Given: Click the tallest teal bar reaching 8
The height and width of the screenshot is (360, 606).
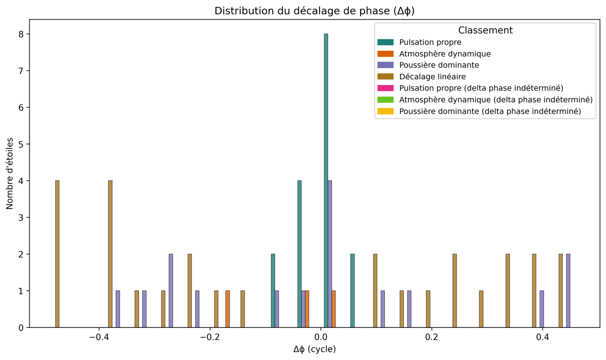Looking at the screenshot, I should coord(326,180).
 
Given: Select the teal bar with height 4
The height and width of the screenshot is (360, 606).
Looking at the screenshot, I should coord(299,254).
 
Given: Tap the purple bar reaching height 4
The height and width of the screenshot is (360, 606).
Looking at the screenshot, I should coord(330,254).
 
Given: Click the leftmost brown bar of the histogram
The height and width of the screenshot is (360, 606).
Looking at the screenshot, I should coord(57,254).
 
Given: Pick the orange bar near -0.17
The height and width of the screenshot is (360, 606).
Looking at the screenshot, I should coord(228,309).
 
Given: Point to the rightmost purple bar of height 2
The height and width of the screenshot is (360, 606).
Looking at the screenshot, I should coord(568,291).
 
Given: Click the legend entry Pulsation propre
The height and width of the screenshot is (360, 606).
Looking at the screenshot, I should coord(430,42).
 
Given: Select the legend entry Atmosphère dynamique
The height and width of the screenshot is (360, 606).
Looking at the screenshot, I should coord(445,54).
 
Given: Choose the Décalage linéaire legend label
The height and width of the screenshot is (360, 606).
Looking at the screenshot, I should coord(432,76).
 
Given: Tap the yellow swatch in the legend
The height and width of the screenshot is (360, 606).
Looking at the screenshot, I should coord(386,111).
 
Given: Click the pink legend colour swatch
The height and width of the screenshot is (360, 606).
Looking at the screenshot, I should coord(386,88).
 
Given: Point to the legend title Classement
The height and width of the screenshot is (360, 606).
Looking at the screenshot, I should coord(485,30).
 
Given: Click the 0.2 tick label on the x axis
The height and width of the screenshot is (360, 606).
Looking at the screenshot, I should coord(432,337).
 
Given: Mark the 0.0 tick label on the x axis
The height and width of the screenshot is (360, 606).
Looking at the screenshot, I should coord(321,337).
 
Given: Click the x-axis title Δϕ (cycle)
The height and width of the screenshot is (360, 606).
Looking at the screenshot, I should coord(314,349).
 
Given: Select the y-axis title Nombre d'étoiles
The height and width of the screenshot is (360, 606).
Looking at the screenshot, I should coord(10,173).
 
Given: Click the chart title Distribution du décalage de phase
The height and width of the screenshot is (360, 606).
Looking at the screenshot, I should coord(314,11).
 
